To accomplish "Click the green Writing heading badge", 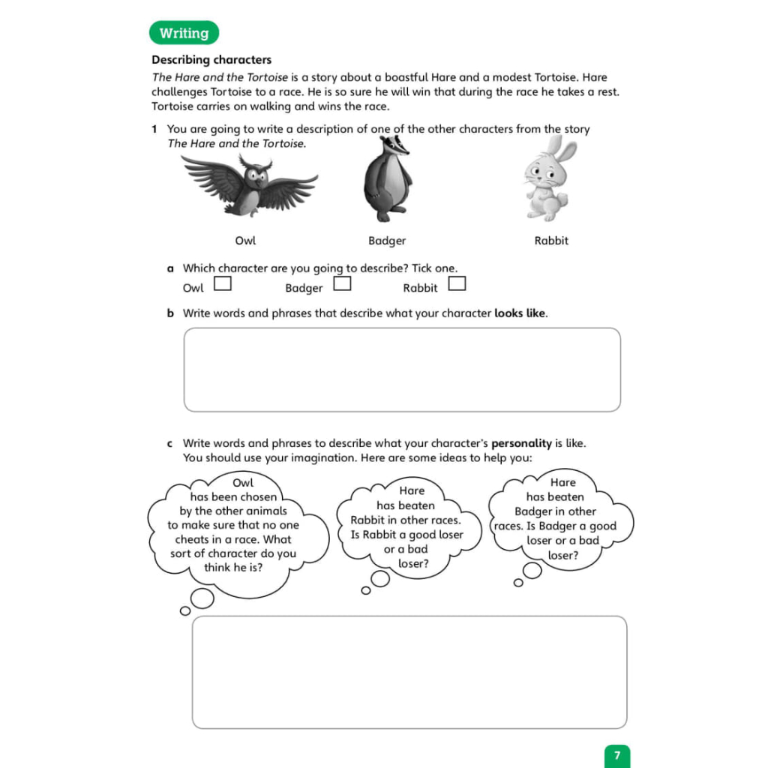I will (x=184, y=34).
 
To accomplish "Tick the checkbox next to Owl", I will (x=222, y=284).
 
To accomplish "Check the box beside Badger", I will (x=342, y=284).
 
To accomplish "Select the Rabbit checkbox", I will (x=457, y=284).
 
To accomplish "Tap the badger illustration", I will (x=388, y=181).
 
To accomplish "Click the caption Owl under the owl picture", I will (x=245, y=241).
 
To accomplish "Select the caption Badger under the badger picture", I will (x=387, y=241).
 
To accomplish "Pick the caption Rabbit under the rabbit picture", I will (x=551, y=241).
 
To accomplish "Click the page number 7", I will (x=617, y=755).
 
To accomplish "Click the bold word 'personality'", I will (x=521, y=443).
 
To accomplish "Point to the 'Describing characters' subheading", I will (x=211, y=60).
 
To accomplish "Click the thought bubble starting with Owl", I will (x=238, y=525).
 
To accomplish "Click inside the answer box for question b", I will (x=402, y=370).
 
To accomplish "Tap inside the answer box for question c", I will (x=409, y=672).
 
